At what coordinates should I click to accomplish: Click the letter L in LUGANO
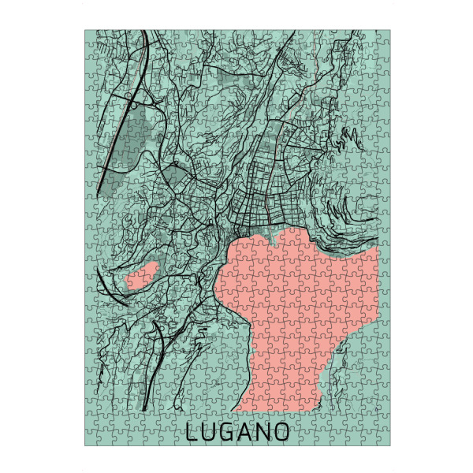(x=192, y=432)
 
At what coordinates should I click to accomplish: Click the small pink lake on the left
(x=142, y=277)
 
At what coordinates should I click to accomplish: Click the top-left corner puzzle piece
(x=93, y=38)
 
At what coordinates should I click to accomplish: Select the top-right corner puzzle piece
(x=382, y=38)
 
